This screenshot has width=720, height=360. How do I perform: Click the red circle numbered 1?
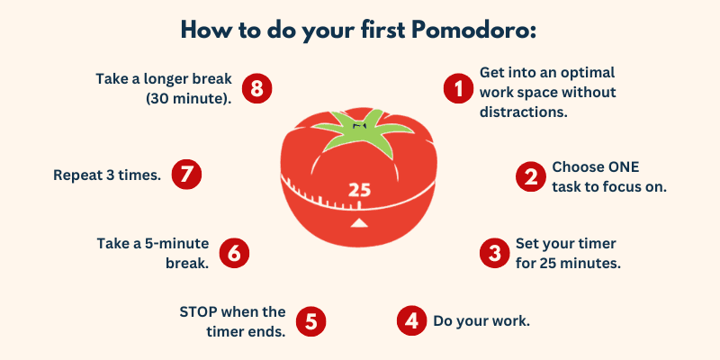458,88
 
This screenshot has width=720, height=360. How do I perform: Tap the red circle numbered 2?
530,176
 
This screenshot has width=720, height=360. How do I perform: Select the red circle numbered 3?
494,253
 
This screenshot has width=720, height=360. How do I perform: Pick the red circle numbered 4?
412,320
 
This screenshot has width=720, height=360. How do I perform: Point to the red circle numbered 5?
310,321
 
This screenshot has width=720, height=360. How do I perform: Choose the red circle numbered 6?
234,253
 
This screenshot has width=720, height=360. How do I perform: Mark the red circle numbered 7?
186,175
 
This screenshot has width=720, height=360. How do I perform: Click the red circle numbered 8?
256,88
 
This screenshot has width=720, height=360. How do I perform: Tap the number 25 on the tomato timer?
359,190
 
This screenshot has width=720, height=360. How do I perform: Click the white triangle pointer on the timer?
359,223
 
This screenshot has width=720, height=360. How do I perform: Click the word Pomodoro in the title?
474,30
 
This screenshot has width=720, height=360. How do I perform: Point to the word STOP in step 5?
198,311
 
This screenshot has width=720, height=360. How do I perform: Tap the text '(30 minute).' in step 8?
189,98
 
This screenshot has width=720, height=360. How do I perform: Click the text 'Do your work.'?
481,321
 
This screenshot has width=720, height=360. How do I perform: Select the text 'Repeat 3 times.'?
107,175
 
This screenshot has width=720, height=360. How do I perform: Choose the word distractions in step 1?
524,112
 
